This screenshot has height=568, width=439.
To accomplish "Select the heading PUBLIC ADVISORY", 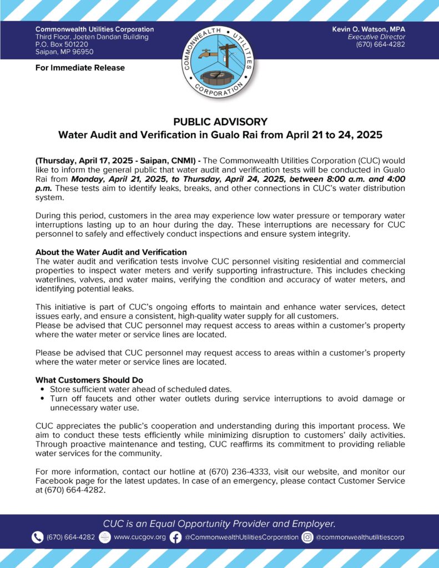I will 220,122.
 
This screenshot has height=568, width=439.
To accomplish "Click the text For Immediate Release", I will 80,68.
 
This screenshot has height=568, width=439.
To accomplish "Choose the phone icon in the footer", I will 38,537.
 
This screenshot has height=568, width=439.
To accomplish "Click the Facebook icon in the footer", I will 175,537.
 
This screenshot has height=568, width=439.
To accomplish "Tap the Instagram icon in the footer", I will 307,537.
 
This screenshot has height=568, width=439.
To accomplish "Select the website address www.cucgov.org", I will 139,537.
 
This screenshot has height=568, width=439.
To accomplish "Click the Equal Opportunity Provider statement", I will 220,523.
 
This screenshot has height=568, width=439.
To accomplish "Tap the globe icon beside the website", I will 105,537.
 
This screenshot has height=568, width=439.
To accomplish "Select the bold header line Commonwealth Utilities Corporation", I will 95,29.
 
